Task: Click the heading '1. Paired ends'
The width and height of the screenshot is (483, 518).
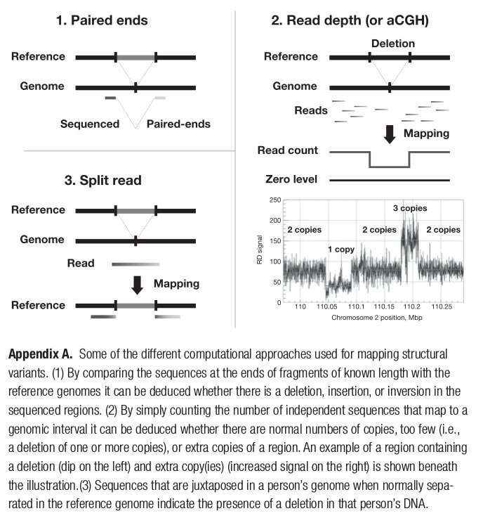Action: [102, 20]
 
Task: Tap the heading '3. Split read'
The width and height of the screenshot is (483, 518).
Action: [102, 181]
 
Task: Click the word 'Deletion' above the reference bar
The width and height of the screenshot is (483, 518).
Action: [393, 43]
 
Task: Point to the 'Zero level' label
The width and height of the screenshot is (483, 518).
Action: [288, 180]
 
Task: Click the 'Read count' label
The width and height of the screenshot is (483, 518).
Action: [288, 150]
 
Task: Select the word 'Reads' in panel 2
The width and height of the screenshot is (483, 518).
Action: [311, 110]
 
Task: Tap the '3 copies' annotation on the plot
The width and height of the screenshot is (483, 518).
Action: [410, 209]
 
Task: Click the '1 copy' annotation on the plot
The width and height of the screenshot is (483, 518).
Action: [341, 249]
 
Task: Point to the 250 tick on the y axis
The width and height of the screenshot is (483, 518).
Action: [276, 201]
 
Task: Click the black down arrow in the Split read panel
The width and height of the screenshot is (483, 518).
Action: [138, 284]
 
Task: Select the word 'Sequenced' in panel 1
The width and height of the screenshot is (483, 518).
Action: [90, 124]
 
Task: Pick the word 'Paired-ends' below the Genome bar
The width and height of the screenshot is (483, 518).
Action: [178, 124]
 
